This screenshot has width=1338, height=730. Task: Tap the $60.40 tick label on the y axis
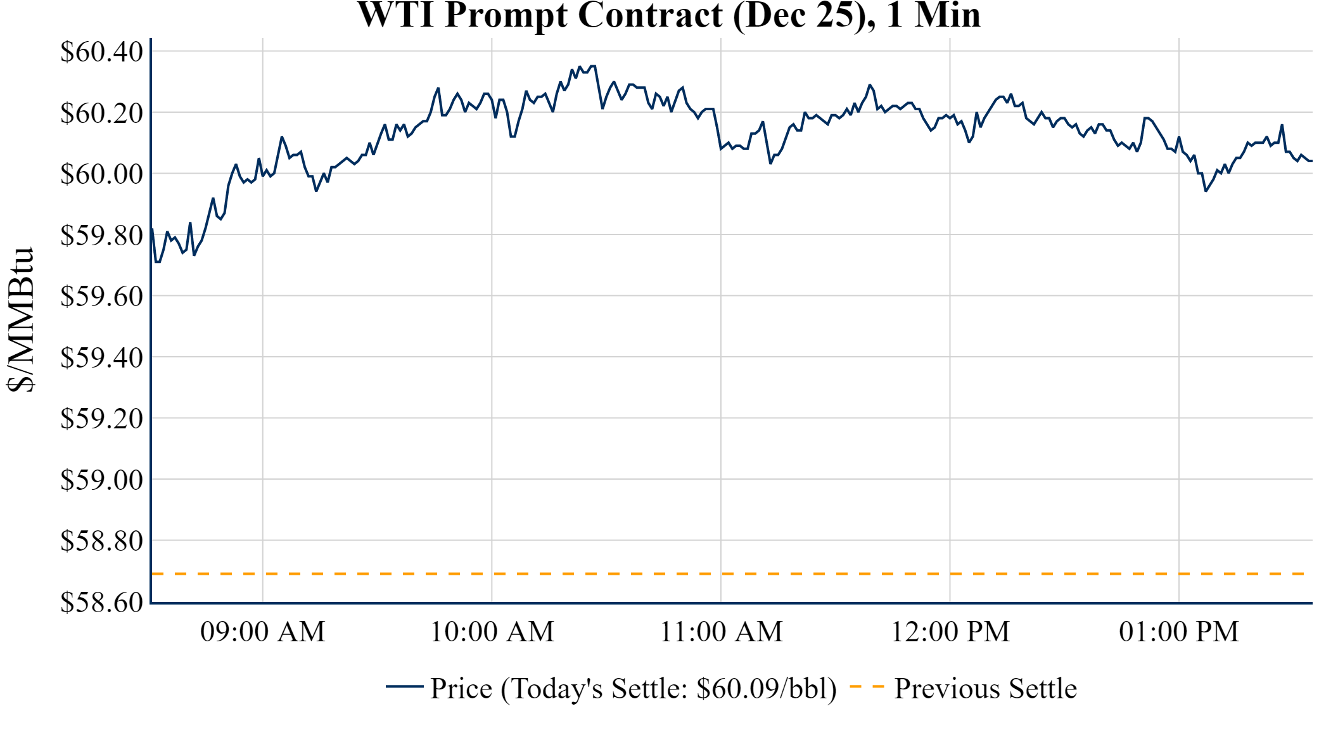tap(101, 51)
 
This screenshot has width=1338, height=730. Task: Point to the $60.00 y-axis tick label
tap(101, 174)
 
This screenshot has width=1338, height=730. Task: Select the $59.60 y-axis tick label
tap(101, 296)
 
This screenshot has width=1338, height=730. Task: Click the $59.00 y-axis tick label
tap(101, 480)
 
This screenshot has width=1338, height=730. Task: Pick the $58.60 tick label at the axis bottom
tap(101, 602)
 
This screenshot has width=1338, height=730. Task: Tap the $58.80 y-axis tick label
tap(101, 541)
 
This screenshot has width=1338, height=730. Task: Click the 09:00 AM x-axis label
tap(263, 632)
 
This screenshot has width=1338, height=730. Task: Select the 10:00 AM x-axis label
tap(492, 632)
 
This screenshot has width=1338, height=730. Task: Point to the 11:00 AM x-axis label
tap(721, 632)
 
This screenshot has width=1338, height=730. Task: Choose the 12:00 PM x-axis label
tap(950, 632)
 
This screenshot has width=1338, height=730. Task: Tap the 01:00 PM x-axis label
tap(1179, 632)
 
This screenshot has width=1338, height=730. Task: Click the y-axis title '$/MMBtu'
tap(20, 320)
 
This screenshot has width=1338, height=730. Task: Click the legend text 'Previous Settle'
tap(985, 689)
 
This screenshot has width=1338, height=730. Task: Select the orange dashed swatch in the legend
tap(867, 687)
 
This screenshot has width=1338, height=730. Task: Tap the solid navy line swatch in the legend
tap(404, 687)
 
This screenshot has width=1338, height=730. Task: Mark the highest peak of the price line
tap(593, 66)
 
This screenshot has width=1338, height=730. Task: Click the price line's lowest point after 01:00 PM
tap(1206, 191)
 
